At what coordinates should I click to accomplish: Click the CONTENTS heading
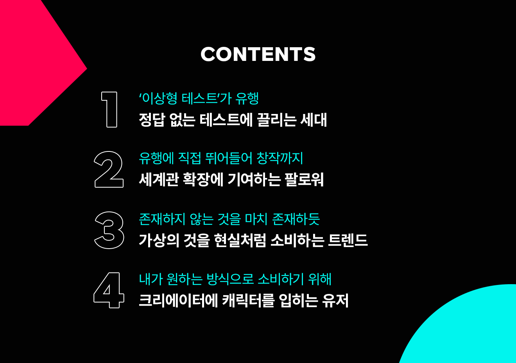click(258, 54)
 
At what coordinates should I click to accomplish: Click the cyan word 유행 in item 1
click(247, 99)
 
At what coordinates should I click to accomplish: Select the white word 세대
click(314, 120)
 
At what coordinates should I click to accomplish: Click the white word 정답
click(152, 120)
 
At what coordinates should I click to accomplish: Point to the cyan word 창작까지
click(279, 158)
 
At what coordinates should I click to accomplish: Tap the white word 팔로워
click(304, 180)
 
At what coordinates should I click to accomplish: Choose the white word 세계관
click(159, 180)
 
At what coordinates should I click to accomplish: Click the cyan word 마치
click(256, 219)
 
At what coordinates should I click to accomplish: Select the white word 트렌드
click(348, 240)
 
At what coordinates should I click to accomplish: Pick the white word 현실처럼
click(240, 240)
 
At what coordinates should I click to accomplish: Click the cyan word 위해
click(320, 279)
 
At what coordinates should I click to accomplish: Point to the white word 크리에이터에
click(179, 301)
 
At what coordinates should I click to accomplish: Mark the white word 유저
click(335, 301)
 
